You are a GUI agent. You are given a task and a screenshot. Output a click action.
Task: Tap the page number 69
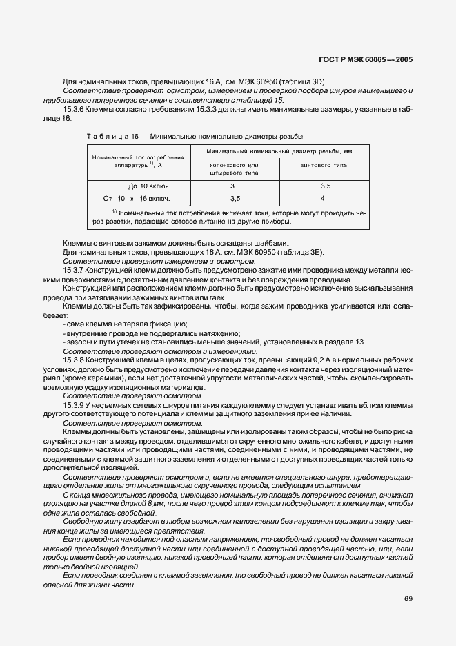pyautogui.click(x=408, y=598)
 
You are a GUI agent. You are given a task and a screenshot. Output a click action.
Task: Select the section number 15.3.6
pyautogui.click(x=75, y=110)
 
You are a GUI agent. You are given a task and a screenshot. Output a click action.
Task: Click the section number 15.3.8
pyautogui.click(x=75, y=361)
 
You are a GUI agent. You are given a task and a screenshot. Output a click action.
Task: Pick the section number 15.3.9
pyautogui.click(x=75, y=405)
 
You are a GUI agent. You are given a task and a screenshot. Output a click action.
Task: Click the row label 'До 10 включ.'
pyautogui.click(x=149, y=186)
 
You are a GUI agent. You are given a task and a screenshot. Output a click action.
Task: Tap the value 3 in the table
pyautogui.click(x=232, y=186)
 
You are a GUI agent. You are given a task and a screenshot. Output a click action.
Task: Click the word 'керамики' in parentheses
pyautogui.click(x=101, y=379)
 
